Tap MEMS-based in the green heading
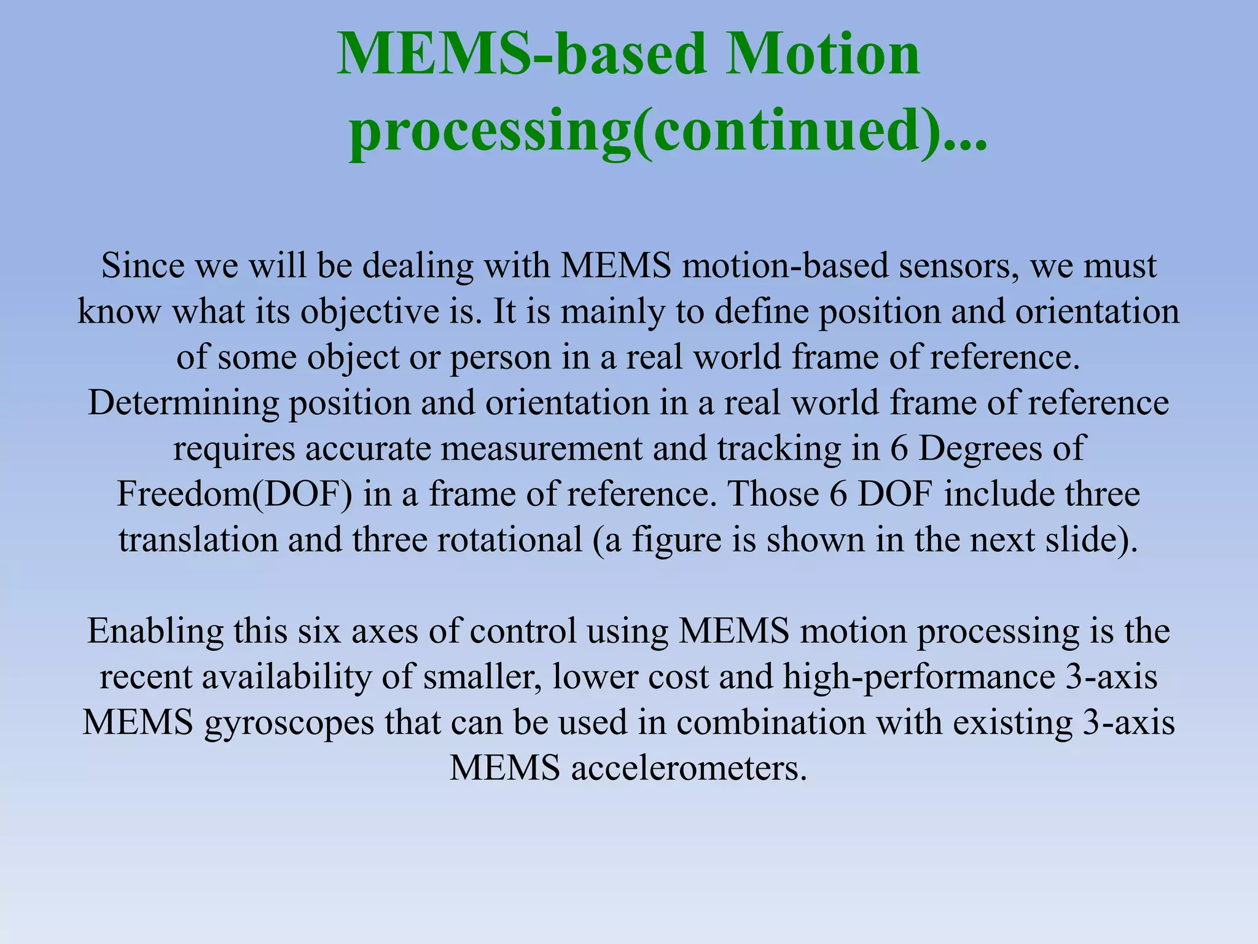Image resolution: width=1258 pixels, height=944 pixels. coord(523,54)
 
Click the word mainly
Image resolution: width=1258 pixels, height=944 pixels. coord(612,312)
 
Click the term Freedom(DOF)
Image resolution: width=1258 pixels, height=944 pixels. coord(235,494)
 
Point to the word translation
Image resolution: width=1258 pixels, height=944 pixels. coord(198,540)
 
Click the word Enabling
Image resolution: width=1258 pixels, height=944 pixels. coord(155,631)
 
